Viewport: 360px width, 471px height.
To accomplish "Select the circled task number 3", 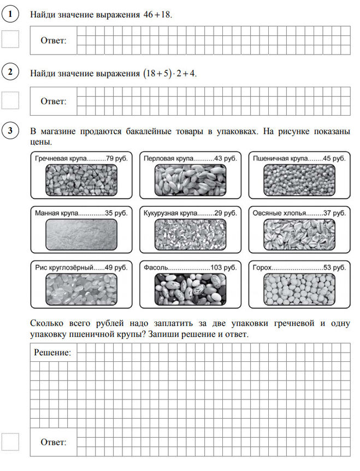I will pyautogui.click(x=10, y=132).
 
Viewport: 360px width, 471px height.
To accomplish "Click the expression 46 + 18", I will pyautogui.click(x=157, y=15).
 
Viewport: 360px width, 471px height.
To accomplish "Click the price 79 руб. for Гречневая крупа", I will pyautogui.click(x=117, y=158).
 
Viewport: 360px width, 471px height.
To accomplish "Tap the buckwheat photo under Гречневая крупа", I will pyautogui.click(x=81, y=180).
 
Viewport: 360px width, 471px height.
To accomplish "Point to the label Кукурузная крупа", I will pyautogui.click(x=172, y=212).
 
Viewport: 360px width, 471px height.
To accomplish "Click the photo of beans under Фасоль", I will pyautogui.click(x=190, y=289).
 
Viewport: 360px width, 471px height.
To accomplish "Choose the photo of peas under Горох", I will pyautogui.click(x=299, y=289).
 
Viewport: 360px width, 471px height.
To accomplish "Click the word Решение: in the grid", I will pyautogui.click(x=52, y=353).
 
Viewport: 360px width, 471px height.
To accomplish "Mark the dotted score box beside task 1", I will pyautogui.click(x=10, y=39).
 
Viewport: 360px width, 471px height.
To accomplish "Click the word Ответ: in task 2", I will pyautogui.click(x=54, y=102).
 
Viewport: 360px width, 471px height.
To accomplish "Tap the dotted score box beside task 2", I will pyautogui.click(x=10, y=99).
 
